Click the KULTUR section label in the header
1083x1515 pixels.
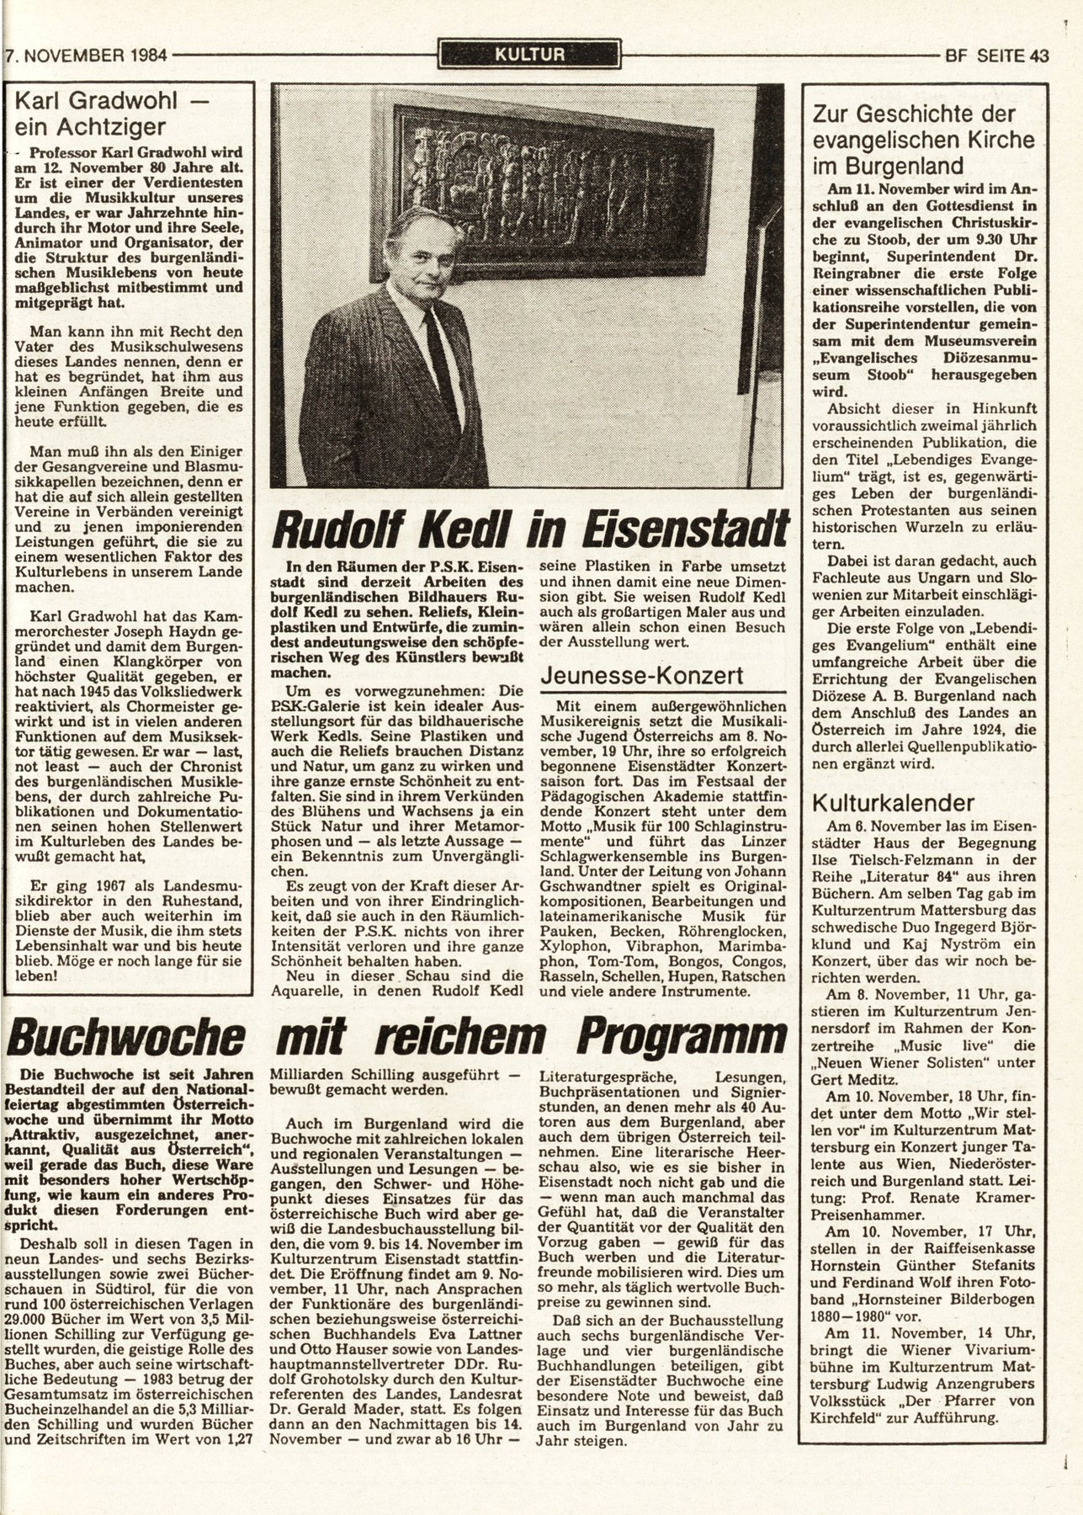[x=529, y=56]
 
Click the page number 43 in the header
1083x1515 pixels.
[x=1038, y=56]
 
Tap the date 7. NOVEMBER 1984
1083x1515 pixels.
[x=85, y=57]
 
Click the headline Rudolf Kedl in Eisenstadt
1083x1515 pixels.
[x=530, y=529]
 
